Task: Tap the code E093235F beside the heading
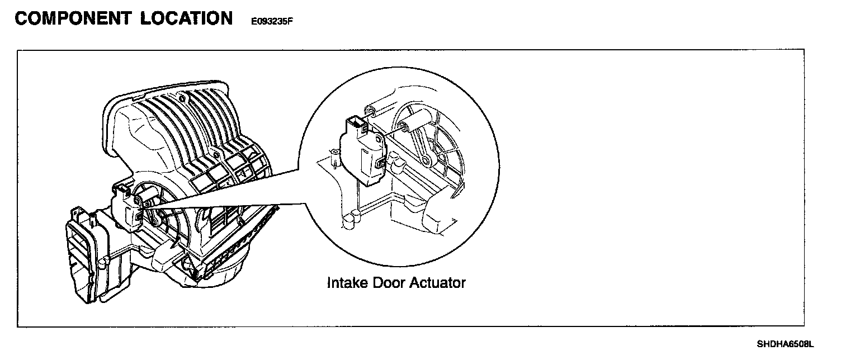(x=268, y=22)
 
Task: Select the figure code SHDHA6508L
(x=785, y=343)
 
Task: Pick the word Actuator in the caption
(x=438, y=283)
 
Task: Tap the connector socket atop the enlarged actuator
(x=356, y=124)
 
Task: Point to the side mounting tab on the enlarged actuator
(x=381, y=162)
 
